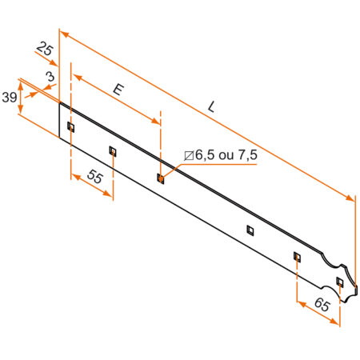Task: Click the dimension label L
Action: click(x=211, y=105)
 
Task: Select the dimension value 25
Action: click(x=45, y=51)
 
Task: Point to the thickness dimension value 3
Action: click(x=50, y=77)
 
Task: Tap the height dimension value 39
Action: click(x=10, y=97)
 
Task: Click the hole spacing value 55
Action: click(x=94, y=179)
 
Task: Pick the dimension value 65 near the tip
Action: click(x=320, y=305)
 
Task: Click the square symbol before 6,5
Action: click(x=189, y=155)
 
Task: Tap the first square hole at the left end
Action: click(x=70, y=126)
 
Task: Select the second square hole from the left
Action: click(x=112, y=150)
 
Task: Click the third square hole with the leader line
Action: click(x=160, y=178)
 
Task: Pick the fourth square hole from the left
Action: click(x=250, y=230)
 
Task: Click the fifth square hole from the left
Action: click(x=297, y=256)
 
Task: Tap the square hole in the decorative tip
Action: click(x=340, y=282)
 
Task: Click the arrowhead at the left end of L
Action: click(x=62, y=35)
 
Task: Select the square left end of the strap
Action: click(x=62, y=120)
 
